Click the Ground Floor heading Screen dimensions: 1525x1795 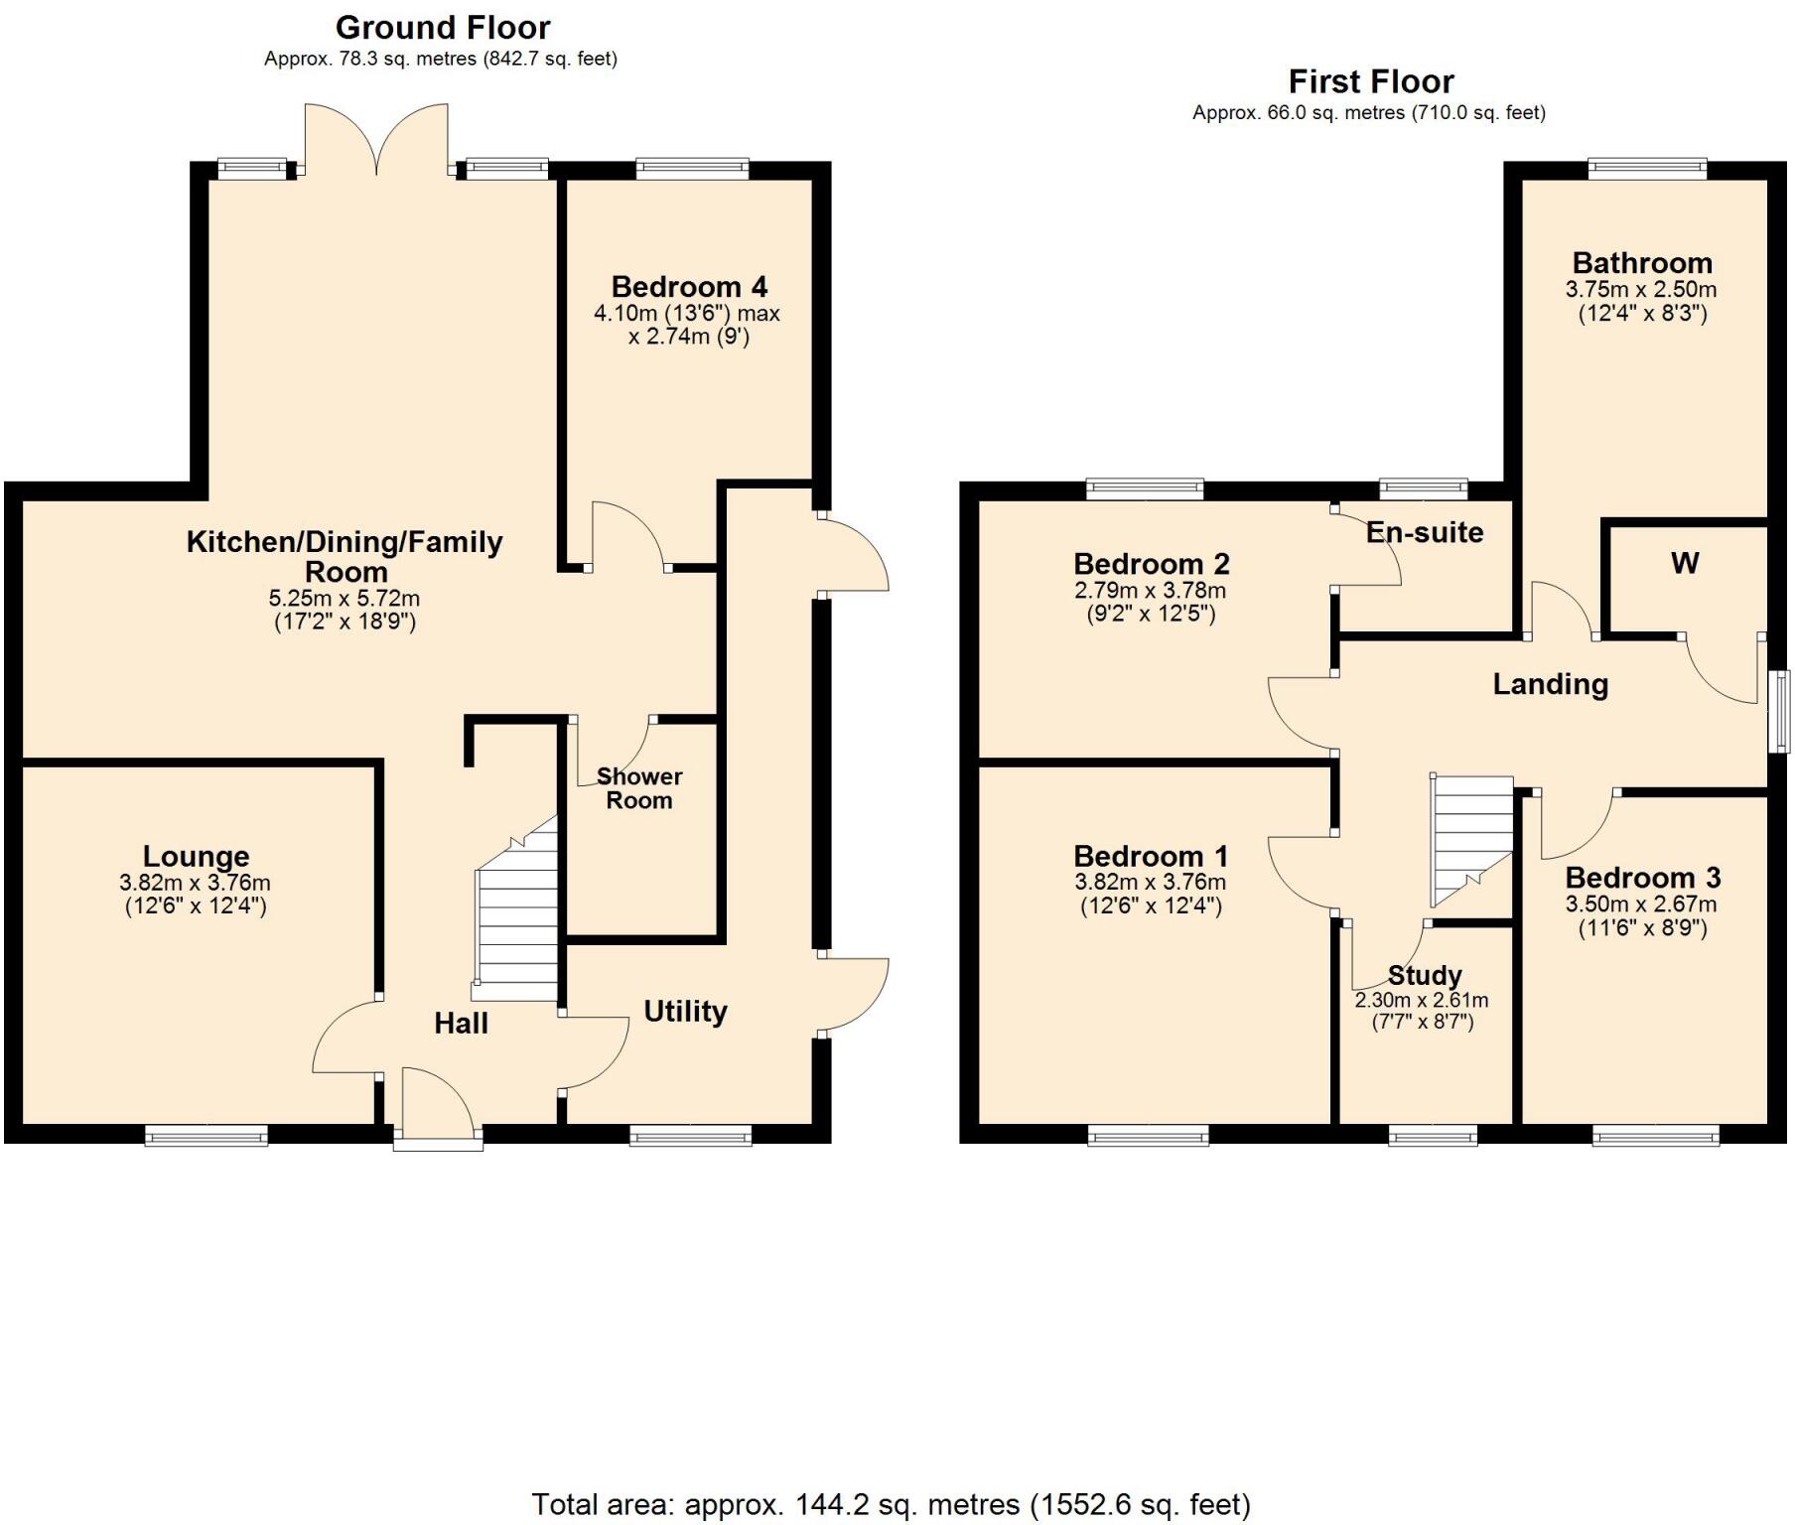click(443, 27)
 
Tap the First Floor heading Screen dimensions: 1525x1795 click(1370, 80)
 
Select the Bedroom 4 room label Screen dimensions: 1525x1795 click(689, 287)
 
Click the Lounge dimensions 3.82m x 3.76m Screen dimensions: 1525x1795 click(195, 883)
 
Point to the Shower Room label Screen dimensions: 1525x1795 click(639, 788)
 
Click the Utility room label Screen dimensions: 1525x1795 click(685, 1012)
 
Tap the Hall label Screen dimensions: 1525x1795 click(461, 1024)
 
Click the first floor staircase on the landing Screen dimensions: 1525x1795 click(1470, 839)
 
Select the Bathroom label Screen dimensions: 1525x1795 click(1642, 263)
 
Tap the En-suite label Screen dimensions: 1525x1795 click(1424, 532)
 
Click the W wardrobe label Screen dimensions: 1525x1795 click(1685, 564)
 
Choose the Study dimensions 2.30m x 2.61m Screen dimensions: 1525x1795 click(1421, 1001)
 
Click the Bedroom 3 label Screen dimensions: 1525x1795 click(1642, 878)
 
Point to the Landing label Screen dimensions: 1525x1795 click(1550, 684)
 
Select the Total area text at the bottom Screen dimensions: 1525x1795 click(891, 1504)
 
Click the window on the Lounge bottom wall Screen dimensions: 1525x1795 click(207, 1135)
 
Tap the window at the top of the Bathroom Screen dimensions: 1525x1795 click(1647, 169)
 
